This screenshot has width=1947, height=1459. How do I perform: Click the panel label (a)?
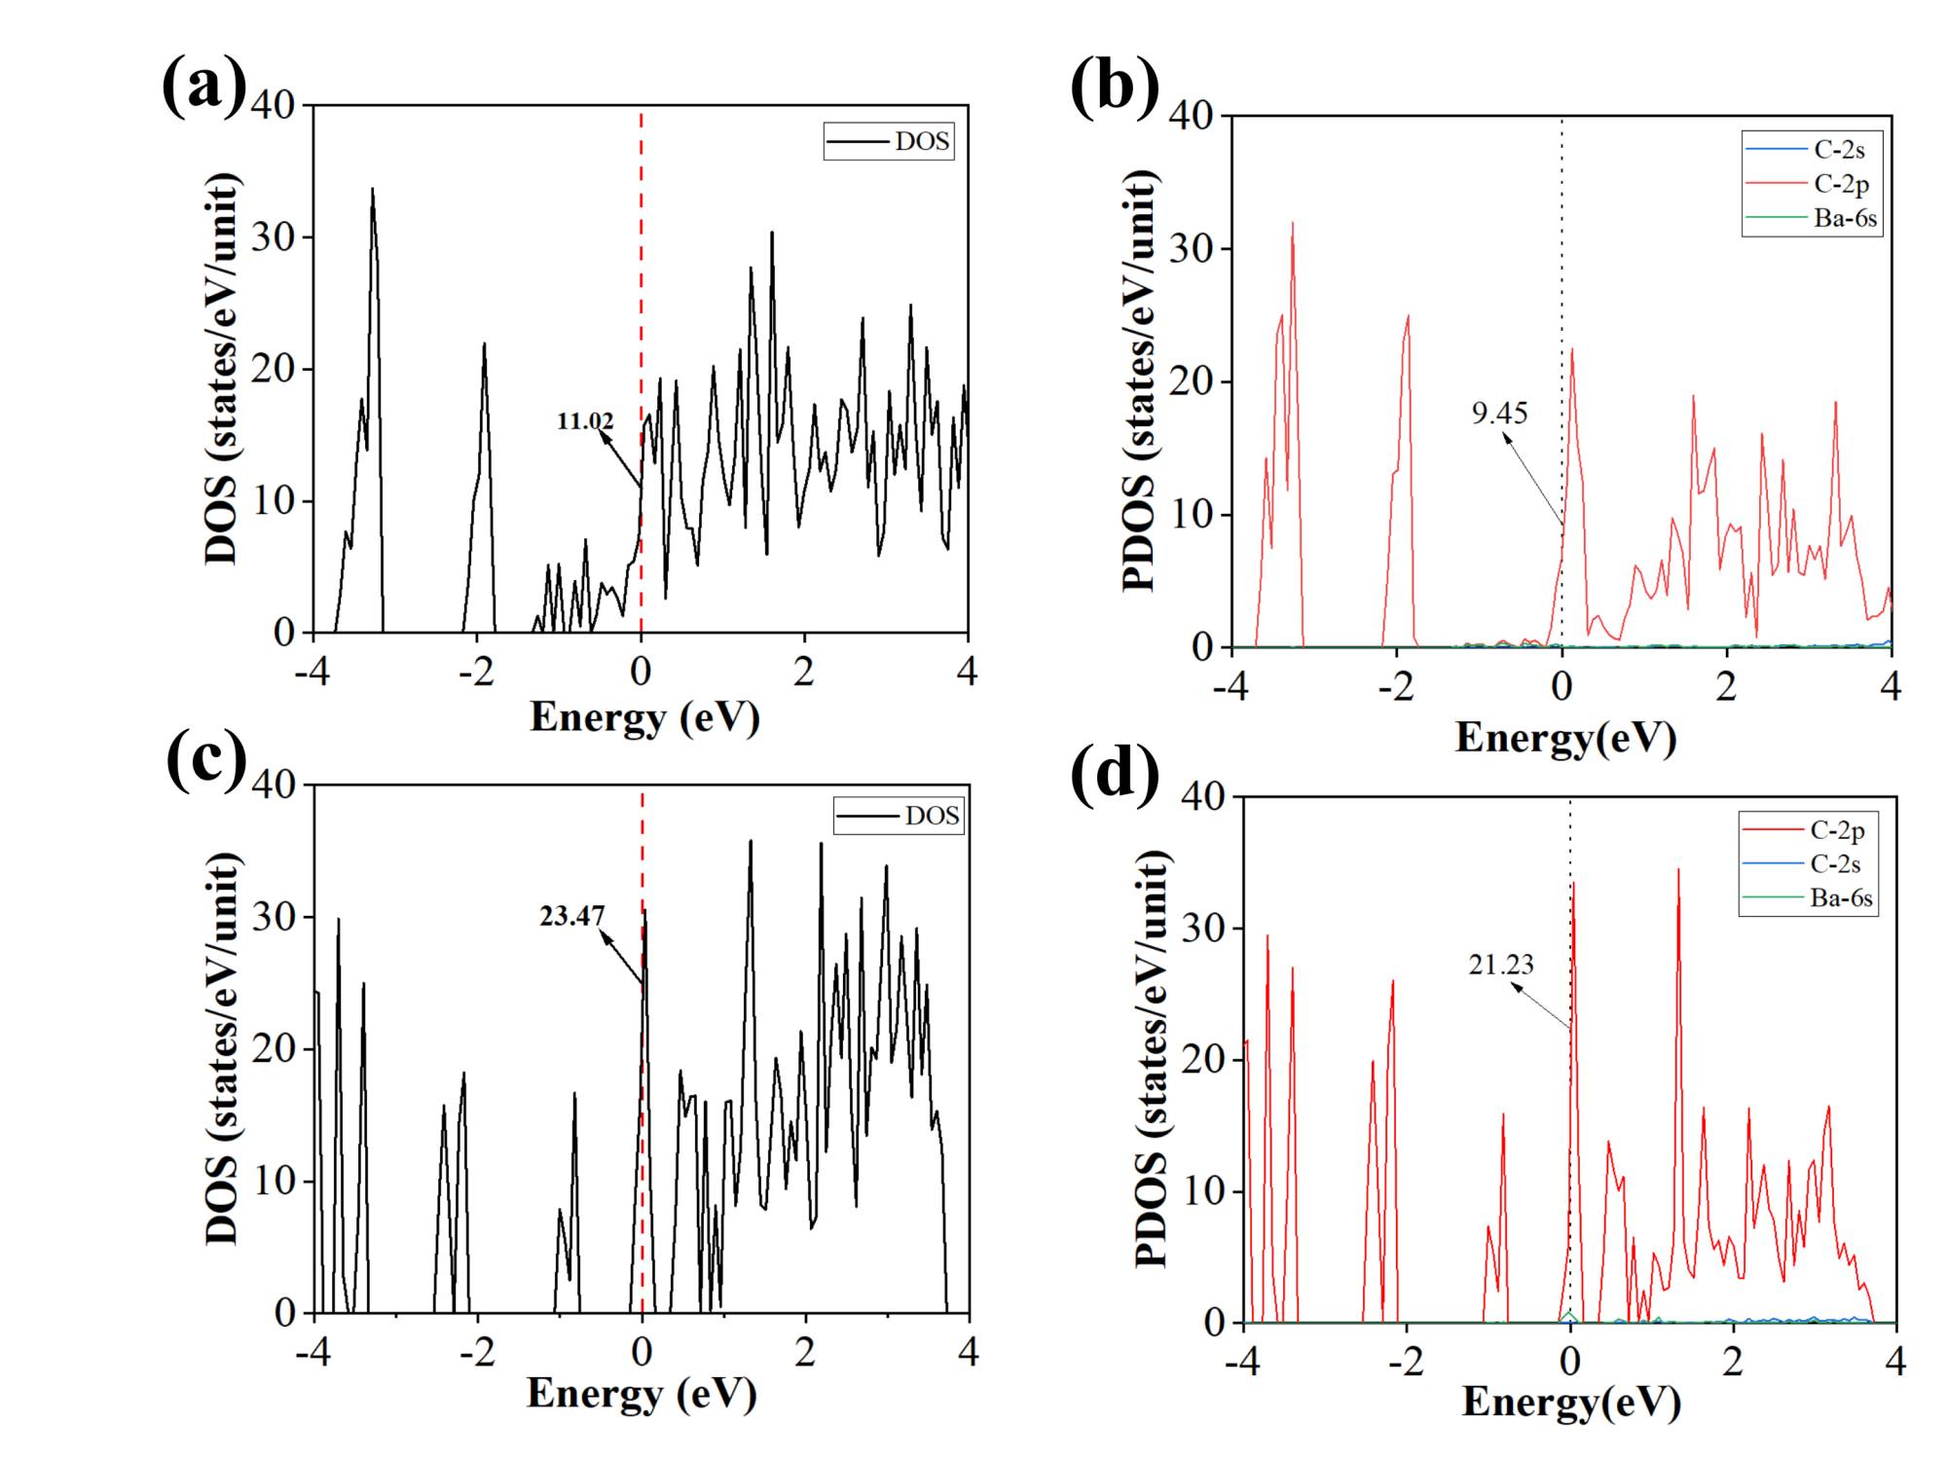coord(203,86)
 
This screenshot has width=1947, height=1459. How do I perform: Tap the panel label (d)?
coord(1115,774)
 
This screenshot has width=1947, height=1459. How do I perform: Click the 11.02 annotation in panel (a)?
coord(585,421)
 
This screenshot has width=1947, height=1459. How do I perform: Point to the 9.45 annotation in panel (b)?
coord(1499,413)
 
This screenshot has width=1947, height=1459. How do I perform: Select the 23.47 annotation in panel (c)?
coord(572,916)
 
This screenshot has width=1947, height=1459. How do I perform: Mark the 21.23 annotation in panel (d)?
coord(1501,965)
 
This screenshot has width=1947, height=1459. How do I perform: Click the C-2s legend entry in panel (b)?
coord(1839,149)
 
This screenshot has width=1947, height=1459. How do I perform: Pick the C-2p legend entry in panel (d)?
coord(1837,830)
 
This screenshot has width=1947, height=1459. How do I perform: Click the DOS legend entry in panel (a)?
coord(921,141)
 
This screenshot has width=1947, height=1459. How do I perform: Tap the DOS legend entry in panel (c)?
coord(932,816)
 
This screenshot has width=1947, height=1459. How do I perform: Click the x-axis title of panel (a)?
coord(643,717)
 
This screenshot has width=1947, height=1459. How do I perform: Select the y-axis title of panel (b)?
coord(1140,381)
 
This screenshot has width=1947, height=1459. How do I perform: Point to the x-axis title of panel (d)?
coord(1570,1403)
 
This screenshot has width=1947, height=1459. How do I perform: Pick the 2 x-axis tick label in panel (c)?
coord(804,1352)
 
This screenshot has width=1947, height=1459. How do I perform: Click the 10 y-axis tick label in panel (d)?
coord(1203,1191)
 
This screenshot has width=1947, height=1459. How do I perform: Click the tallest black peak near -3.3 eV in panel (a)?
coord(372,191)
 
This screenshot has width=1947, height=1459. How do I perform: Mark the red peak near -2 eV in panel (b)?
coord(1408,317)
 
